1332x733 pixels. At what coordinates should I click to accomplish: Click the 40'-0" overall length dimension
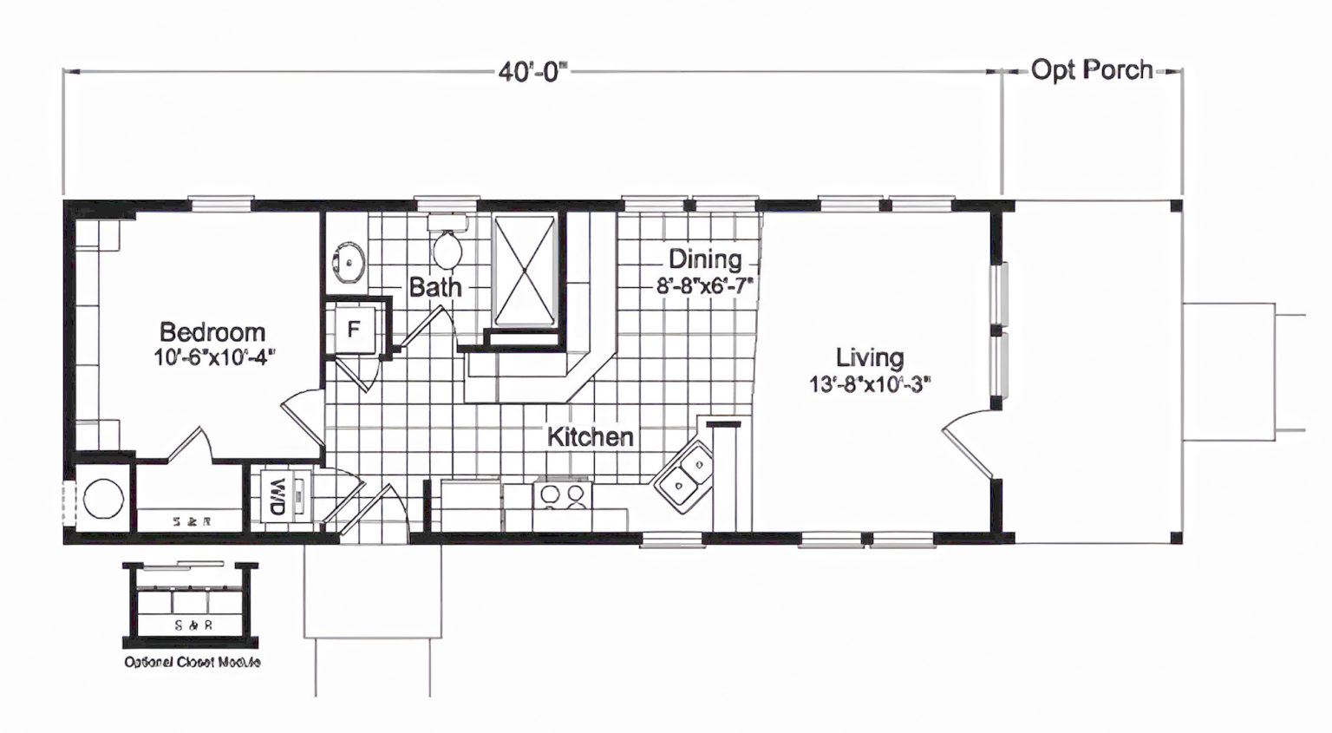[532, 71]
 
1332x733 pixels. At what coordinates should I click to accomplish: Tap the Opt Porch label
[1091, 69]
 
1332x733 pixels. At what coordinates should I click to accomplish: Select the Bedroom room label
[212, 331]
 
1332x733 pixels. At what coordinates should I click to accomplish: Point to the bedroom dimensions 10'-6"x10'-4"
[214, 357]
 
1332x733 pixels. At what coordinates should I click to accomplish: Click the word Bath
[434, 287]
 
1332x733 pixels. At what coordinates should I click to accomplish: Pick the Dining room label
[704, 259]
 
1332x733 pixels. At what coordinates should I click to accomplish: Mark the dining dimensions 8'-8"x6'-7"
[704, 284]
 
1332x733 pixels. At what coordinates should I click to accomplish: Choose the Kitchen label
[590, 436]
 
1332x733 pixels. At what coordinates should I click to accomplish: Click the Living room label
[869, 357]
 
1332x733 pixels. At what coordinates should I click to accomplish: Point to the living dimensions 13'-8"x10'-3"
[870, 383]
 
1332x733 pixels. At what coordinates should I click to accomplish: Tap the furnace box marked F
[354, 330]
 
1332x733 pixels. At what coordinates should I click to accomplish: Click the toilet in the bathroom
[447, 246]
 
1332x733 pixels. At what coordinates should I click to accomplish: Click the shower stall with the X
[525, 271]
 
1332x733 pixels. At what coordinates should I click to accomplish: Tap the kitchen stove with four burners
[562, 494]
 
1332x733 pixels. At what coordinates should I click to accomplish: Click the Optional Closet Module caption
[192, 662]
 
